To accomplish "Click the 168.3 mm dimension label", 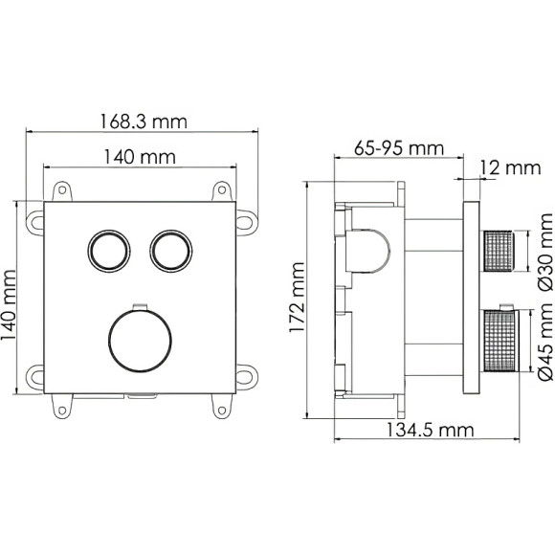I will coord(143,122).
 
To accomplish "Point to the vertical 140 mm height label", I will coord(11,299).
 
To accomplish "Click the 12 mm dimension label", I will coord(510,168).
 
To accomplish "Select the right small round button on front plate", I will coord(167,252).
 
